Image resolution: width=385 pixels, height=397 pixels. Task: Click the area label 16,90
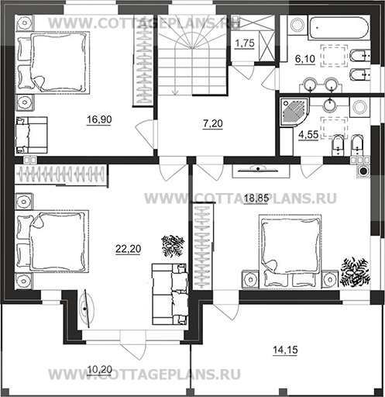pos(99,119)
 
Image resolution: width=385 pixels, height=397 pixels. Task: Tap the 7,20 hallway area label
pos(213,124)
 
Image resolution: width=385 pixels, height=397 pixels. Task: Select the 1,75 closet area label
pos(245,43)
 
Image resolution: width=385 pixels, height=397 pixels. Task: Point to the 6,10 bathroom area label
pos(305,59)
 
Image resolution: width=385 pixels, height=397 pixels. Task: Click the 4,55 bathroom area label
pos(308,135)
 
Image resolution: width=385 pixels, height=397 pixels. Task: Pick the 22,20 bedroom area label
pos(129,249)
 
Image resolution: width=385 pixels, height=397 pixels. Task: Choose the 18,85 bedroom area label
pos(256,198)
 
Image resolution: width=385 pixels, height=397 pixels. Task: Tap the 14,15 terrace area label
pos(285,350)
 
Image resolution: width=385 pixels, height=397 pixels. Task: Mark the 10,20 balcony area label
pos(100,370)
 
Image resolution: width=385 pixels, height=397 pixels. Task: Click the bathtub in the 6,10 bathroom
pos(339,28)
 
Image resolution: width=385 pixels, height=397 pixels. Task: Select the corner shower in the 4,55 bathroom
pos(294,112)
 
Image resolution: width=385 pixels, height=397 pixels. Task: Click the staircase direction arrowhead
pos(175,92)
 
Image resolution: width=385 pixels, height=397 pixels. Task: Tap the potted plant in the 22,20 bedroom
pos(173,246)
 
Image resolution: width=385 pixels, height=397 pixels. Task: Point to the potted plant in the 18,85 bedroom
pos(355,272)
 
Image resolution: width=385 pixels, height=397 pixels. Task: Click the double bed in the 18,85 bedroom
pos(290,250)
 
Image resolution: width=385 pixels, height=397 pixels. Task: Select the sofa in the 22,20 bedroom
pos(170,294)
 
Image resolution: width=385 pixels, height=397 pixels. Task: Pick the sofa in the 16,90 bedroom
pos(32,135)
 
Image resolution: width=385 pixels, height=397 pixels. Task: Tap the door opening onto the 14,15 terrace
pos(225,305)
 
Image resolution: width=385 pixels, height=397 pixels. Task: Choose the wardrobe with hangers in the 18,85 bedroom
pos(203,247)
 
